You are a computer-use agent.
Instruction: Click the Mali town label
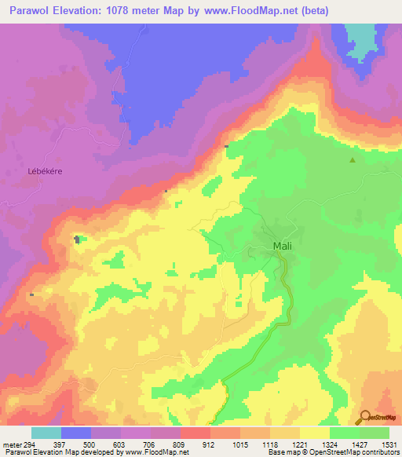(x=283, y=246)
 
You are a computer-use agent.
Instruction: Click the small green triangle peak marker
(x=353, y=161)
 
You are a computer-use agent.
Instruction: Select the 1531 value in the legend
(x=389, y=444)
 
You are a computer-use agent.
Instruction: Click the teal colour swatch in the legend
(x=46, y=433)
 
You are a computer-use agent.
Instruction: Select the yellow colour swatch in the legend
(x=314, y=433)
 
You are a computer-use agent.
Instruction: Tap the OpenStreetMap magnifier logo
(x=366, y=418)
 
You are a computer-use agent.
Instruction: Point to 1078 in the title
(x=115, y=10)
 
